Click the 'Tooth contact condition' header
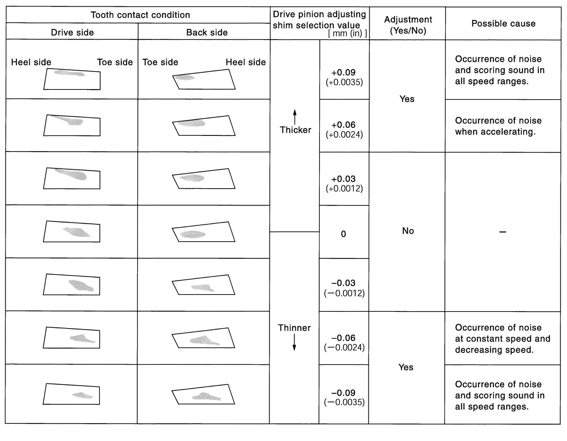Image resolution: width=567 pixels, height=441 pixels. (140, 15)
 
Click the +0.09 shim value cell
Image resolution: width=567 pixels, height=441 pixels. (344, 77)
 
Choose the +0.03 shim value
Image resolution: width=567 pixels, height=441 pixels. (344, 183)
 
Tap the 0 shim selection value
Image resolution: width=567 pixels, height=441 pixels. (343, 234)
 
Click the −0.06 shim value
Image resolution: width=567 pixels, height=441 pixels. (344, 342)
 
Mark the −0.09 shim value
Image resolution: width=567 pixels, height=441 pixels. (344, 397)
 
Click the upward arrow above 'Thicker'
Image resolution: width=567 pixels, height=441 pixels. (295, 117)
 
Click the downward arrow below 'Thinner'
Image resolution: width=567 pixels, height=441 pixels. (294, 342)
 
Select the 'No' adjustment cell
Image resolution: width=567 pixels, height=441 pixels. (408, 231)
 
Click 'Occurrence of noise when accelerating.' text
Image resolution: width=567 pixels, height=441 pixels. (498, 126)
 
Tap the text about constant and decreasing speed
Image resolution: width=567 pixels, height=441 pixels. (502, 339)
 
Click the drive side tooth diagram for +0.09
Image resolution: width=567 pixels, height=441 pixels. (72, 79)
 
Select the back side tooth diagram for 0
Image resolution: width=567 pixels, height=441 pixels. (204, 232)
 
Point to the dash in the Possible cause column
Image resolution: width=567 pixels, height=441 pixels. (503, 232)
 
